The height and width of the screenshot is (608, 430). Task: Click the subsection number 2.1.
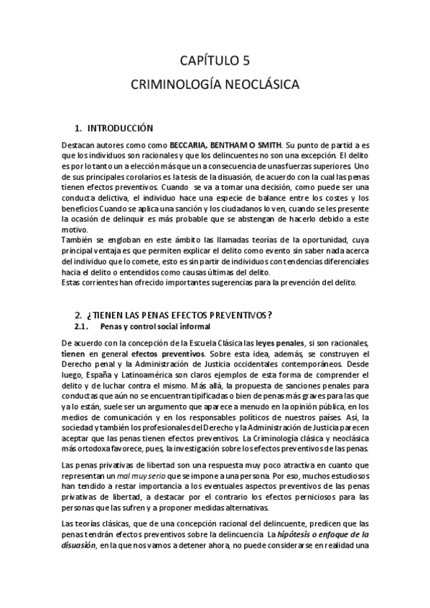(85, 326)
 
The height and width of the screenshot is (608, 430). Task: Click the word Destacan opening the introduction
(79, 144)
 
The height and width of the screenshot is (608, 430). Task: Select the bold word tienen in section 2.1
(73, 353)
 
